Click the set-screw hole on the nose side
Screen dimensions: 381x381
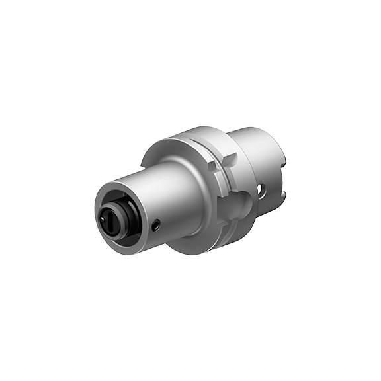tap(155, 226)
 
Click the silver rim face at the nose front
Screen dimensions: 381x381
tap(100, 198)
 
